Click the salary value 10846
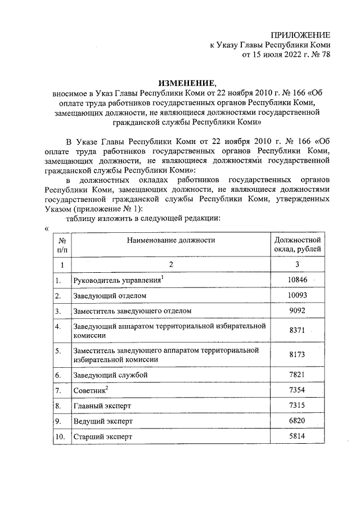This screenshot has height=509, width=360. [297, 280]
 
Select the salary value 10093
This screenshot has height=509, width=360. [297, 295]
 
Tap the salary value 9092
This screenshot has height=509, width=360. [297, 310]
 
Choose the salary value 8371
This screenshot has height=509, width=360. [297, 331]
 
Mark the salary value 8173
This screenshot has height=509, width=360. [297, 355]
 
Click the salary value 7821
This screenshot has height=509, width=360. [297, 375]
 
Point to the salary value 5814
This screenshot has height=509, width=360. [297, 436]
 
